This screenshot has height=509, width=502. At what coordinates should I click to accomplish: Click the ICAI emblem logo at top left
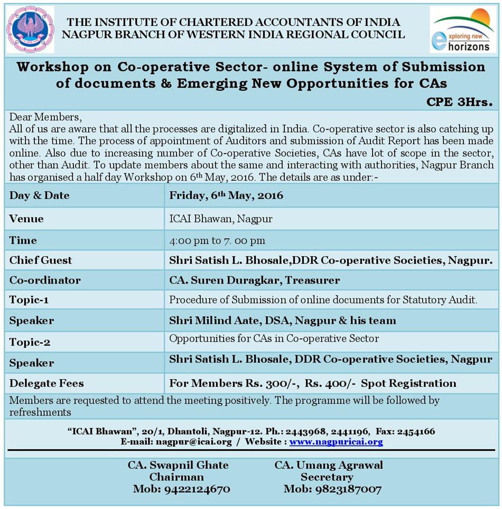click(x=30, y=29)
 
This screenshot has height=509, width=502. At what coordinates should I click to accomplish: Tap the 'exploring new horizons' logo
click(x=463, y=30)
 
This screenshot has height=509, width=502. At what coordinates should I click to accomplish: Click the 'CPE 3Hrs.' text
click(x=459, y=102)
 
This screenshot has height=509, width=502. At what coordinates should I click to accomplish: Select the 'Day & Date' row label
click(x=40, y=195)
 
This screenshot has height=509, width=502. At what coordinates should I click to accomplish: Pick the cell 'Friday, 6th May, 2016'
click(x=226, y=195)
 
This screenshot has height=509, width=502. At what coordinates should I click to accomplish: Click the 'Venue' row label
click(x=26, y=219)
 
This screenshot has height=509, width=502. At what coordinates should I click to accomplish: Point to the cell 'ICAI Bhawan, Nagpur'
click(x=221, y=219)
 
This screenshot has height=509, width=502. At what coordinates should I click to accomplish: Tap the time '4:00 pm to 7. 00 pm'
click(x=217, y=240)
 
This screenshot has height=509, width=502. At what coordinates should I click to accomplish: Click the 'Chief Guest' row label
click(x=41, y=260)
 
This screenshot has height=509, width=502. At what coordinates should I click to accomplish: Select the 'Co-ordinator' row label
click(x=45, y=280)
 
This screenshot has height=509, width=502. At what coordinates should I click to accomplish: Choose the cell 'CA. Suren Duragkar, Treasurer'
click(x=254, y=280)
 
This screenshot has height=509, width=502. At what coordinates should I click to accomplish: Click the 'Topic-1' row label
click(x=29, y=300)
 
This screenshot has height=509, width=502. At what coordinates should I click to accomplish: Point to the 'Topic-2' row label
click(x=30, y=342)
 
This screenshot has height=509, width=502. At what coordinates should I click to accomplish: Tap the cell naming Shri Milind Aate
click(x=282, y=321)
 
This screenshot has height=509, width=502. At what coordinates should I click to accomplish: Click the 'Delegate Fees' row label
click(x=47, y=383)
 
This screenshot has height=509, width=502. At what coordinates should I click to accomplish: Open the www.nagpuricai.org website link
click(x=336, y=441)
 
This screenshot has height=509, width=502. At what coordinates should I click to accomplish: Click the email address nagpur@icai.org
click(x=192, y=441)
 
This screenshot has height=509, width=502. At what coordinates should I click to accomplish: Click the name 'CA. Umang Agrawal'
click(x=329, y=465)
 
